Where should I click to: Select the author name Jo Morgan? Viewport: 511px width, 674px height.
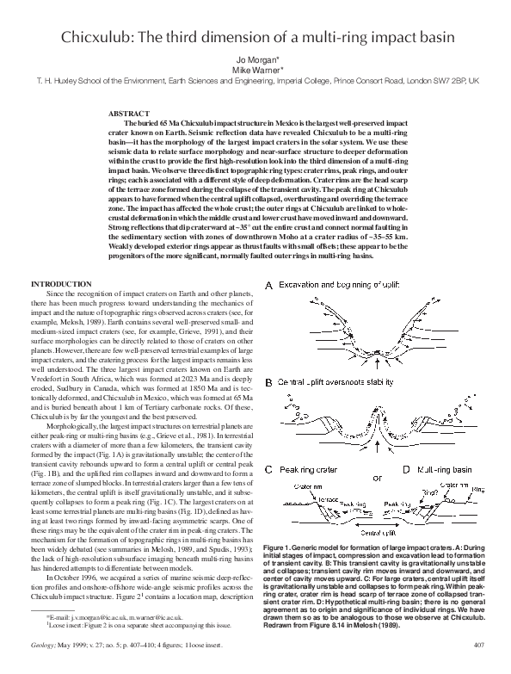(255, 60)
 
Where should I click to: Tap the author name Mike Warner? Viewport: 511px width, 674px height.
(255, 70)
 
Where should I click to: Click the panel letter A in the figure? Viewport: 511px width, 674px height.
(268, 285)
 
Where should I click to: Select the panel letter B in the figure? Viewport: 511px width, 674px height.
(268, 382)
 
